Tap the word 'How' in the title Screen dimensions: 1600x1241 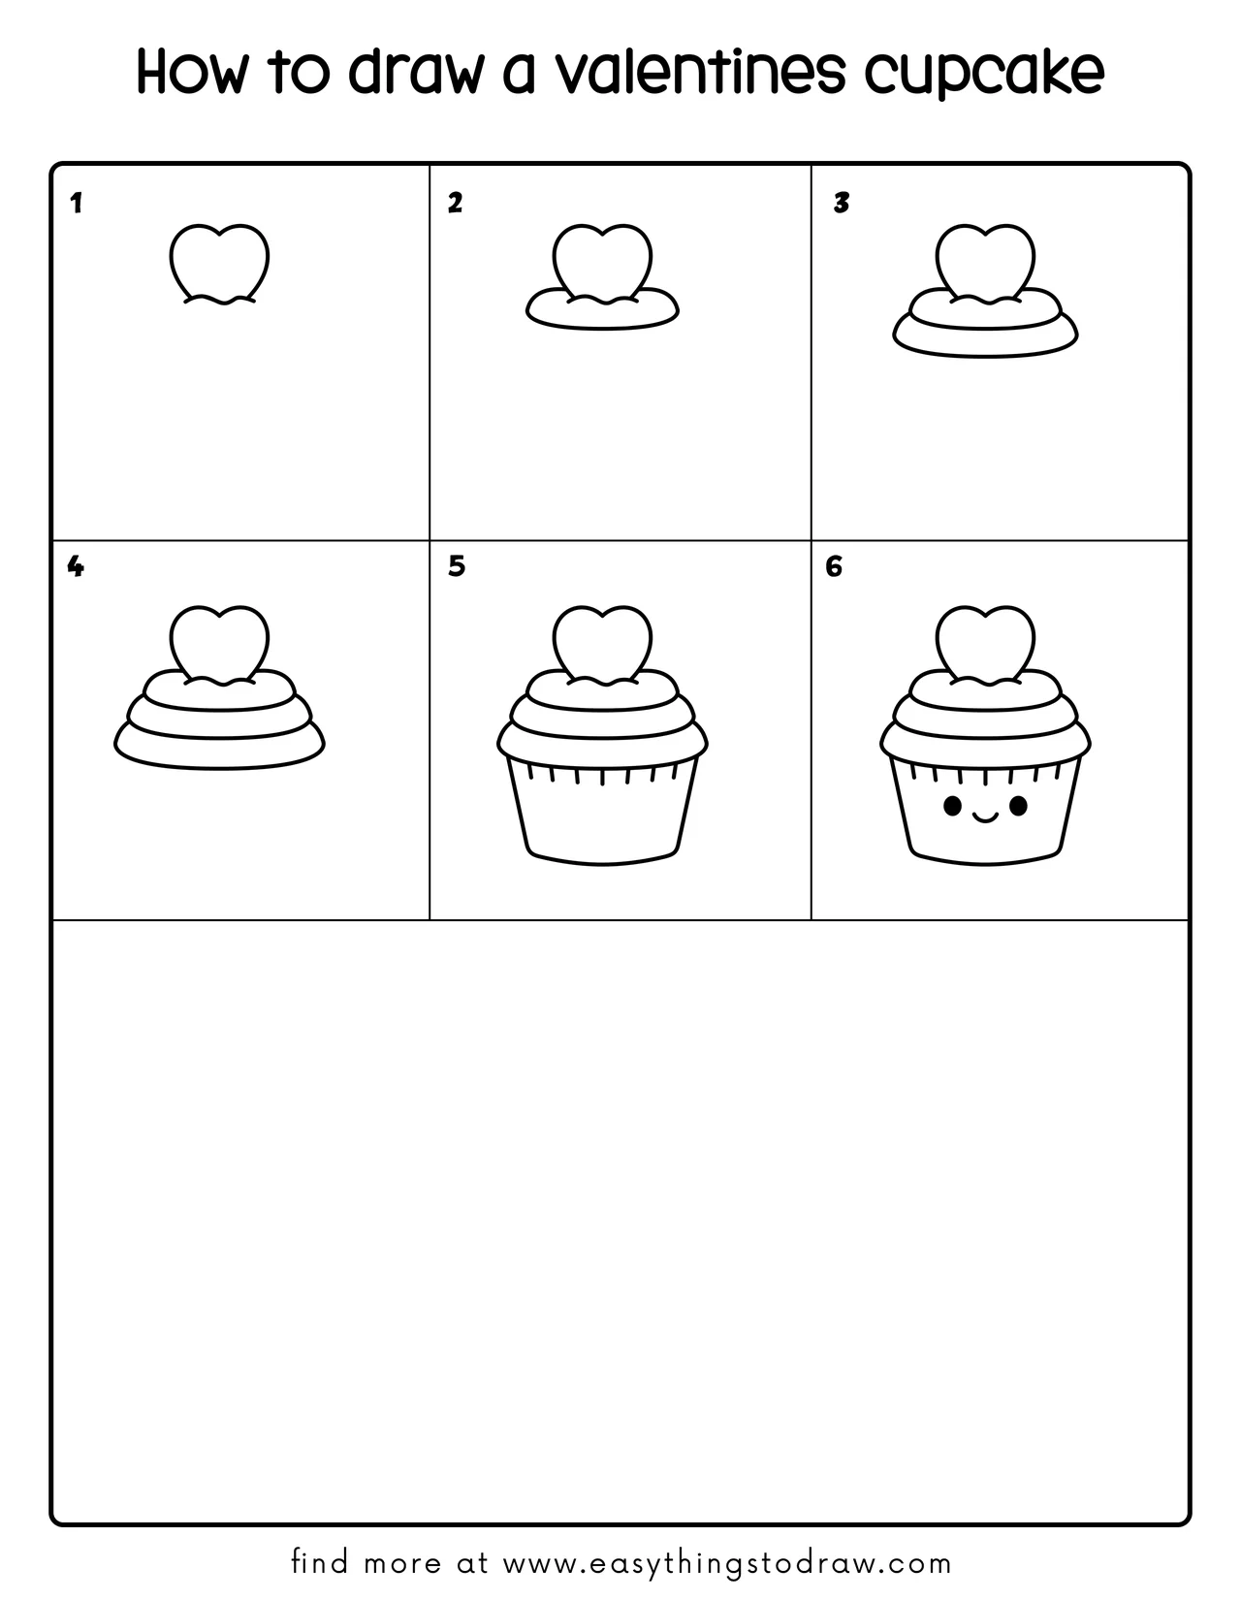tap(190, 73)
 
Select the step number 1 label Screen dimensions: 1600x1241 tap(76, 204)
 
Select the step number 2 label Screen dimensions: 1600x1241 tap(455, 204)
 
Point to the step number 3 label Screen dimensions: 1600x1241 tap(841, 204)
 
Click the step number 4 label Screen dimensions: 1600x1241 tap(76, 566)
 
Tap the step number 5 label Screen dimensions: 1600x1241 tap(457, 566)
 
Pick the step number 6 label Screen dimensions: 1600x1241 tap(834, 566)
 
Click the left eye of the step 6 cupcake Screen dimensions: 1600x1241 tap(953, 805)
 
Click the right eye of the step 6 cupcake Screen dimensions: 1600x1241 tap(1017, 805)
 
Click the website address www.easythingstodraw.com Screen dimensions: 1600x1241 tap(728, 1563)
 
